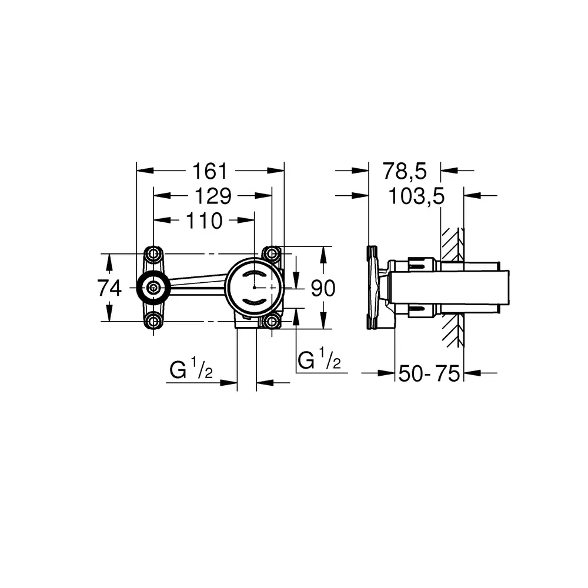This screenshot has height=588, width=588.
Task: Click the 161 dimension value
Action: click(210, 171)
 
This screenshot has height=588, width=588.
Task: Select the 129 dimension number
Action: click(213, 196)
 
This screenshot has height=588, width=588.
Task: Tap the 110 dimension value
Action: click(205, 221)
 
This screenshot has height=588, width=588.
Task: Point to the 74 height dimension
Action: click(109, 288)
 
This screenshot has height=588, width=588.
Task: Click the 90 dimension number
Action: click(323, 288)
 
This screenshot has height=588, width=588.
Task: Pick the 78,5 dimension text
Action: click(405, 171)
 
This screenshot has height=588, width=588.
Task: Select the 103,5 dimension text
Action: click(416, 196)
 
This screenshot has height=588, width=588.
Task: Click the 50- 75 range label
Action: click(429, 373)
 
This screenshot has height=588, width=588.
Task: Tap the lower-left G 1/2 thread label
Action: click(191, 367)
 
